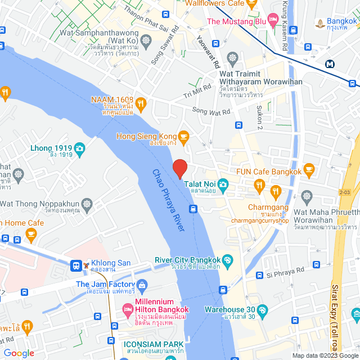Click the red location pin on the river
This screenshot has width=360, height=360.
click(x=179, y=168)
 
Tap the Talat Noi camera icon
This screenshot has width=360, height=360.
click(x=223, y=184)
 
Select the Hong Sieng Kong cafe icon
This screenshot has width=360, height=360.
click(x=183, y=136)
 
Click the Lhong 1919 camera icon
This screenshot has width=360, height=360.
click(x=79, y=148)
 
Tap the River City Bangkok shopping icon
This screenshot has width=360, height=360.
click(x=227, y=260)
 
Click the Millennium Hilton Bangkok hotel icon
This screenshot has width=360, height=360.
click(x=127, y=309)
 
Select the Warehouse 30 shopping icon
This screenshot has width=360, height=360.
click(x=264, y=309)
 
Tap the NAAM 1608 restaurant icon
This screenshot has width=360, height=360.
click(x=141, y=103)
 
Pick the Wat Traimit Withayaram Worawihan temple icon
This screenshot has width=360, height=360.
click(x=232, y=58)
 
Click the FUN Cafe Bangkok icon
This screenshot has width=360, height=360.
click(x=308, y=168)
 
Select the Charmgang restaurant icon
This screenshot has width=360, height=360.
click(x=276, y=191)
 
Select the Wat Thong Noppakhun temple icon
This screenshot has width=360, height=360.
click(x=87, y=203)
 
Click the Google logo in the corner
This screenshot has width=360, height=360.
click(x=19, y=353)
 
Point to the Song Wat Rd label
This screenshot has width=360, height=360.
click(x=211, y=111)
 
